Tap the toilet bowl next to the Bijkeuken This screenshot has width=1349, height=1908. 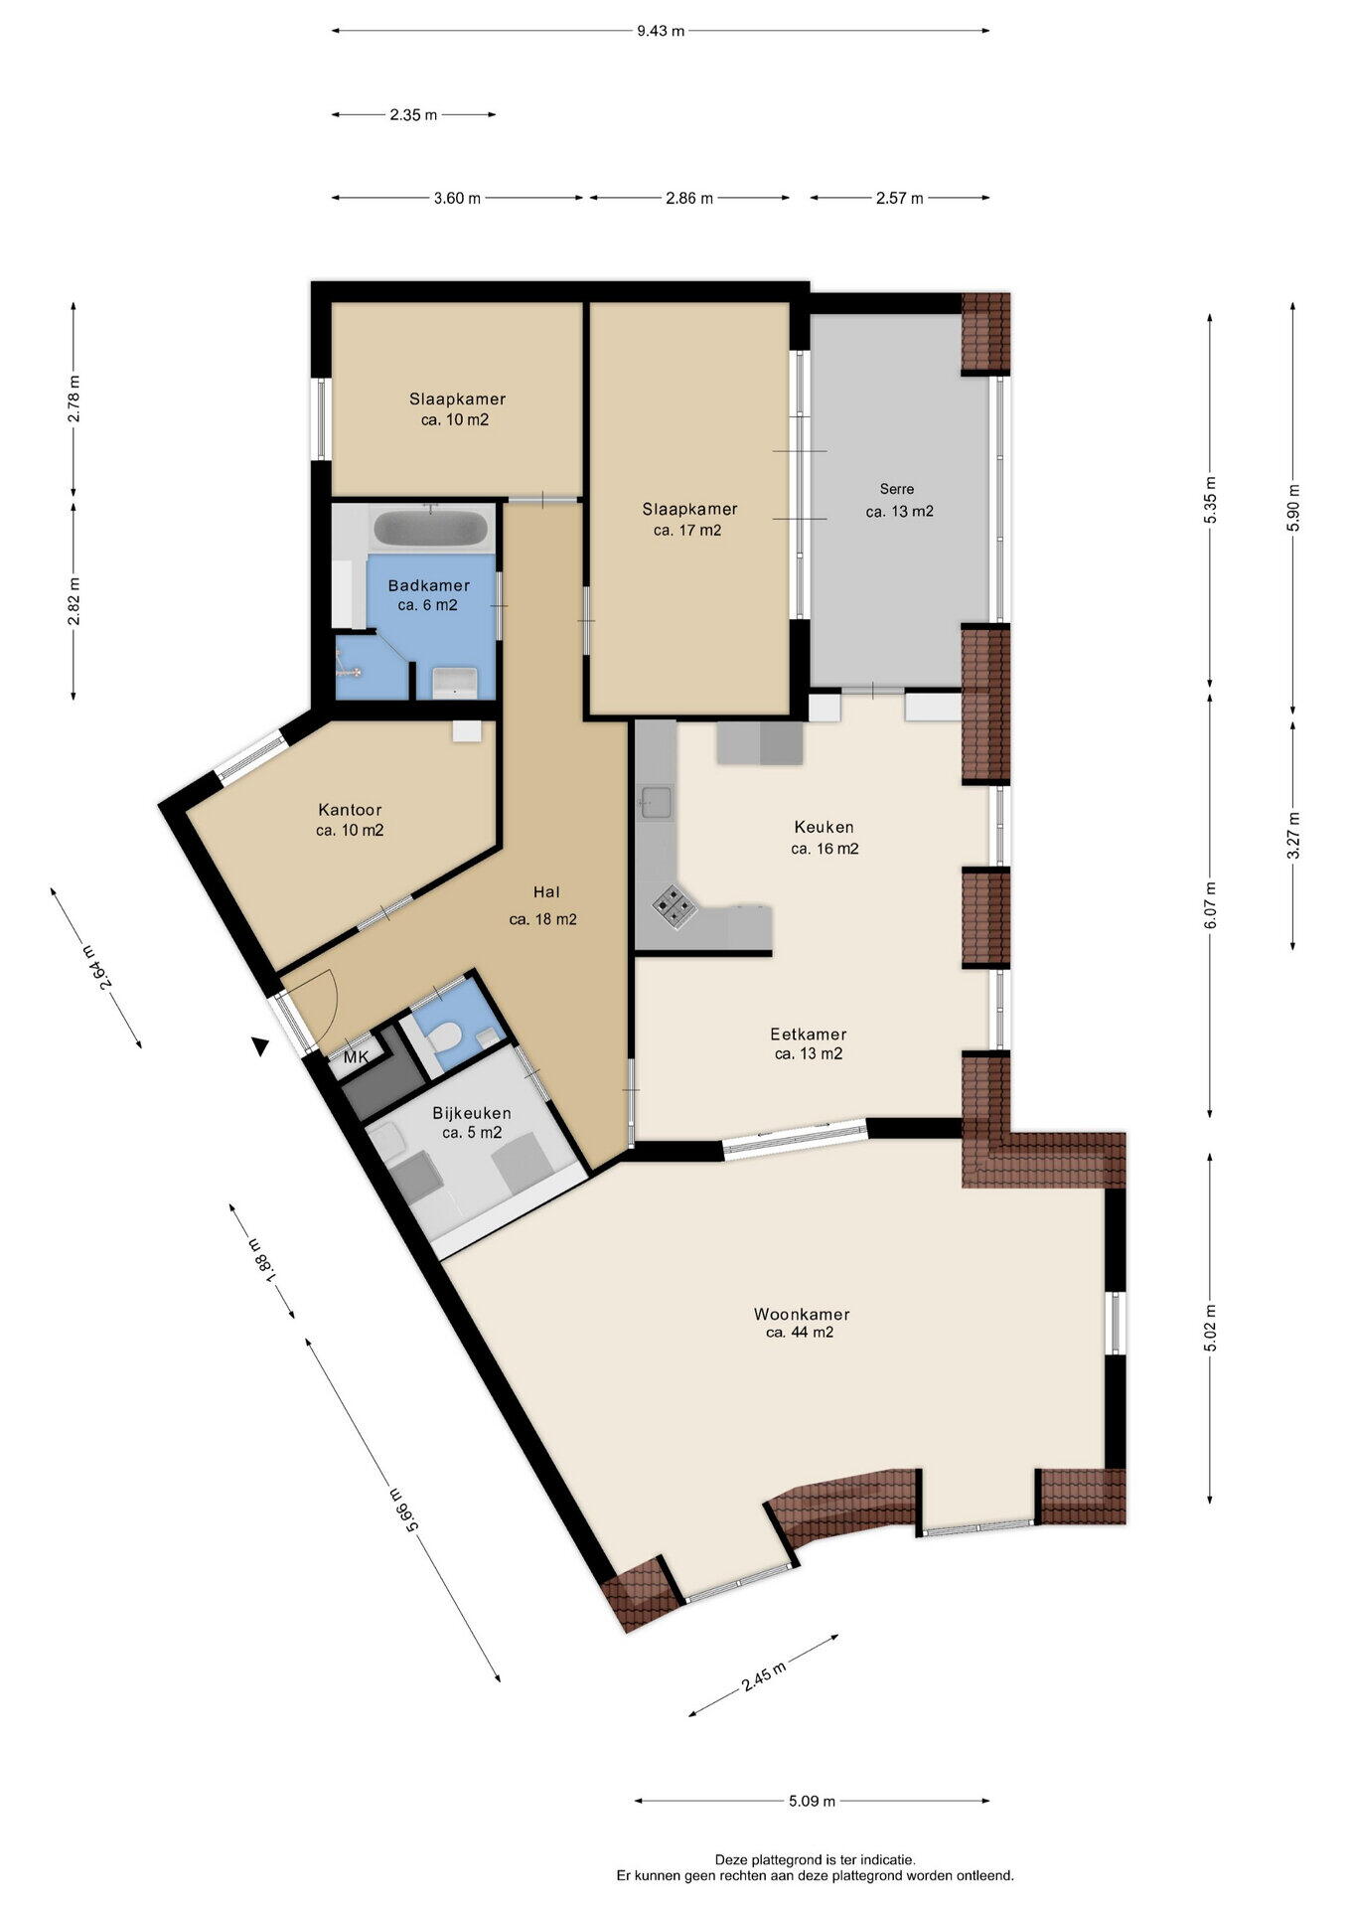click(x=443, y=1037)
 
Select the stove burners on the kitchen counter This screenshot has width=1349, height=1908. click(x=673, y=905)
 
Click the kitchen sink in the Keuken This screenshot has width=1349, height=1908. click(x=656, y=802)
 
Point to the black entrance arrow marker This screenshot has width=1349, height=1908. click(x=260, y=1045)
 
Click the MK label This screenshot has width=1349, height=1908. click(x=356, y=1058)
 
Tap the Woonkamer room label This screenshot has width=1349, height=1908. click(x=801, y=1314)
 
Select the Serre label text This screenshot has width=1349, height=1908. click(x=897, y=489)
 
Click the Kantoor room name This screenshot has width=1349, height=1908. click(x=350, y=810)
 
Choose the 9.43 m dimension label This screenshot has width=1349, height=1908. click(x=661, y=31)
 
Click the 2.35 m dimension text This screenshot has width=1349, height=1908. click(x=413, y=114)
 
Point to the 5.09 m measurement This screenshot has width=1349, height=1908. click(x=812, y=1801)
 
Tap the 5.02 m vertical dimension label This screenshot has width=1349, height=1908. click(x=1209, y=1327)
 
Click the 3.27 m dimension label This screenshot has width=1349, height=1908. click(x=1292, y=836)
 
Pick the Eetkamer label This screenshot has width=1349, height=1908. click(x=809, y=1034)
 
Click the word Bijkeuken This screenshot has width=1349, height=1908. click(x=472, y=1113)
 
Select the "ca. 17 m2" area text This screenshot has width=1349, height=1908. click(x=687, y=530)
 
